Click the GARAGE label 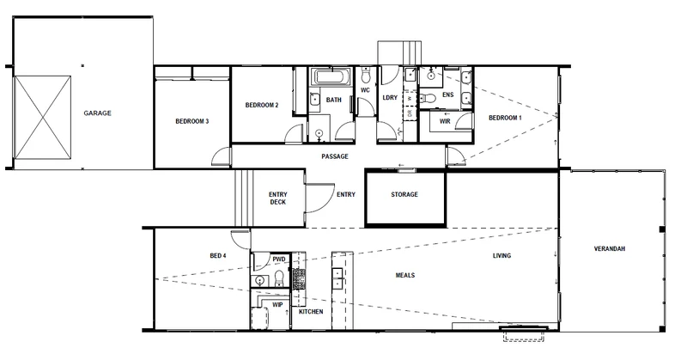pyautogui.click(x=97, y=113)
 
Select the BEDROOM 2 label pyautogui.click(x=262, y=105)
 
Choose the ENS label pyautogui.click(x=447, y=95)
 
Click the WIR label pyautogui.click(x=445, y=122)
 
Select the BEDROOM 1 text pyautogui.click(x=505, y=117)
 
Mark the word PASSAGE pyautogui.click(x=334, y=157)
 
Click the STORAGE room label pyautogui.click(x=404, y=195)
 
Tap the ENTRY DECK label pyautogui.click(x=277, y=198)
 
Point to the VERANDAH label pyautogui.click(x=609, y=249)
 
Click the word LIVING pyautogui.click(x=502, y=256)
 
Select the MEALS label pyautogui.click(x=405, y=276)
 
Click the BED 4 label pyautogui.click(x=218, y=256)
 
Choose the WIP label pyautogui.click(x=277, y=305)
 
